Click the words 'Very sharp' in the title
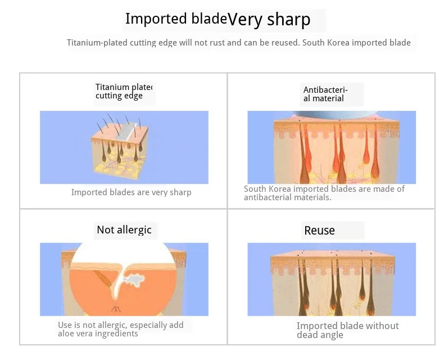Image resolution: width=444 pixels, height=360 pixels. click(x=269, y=20)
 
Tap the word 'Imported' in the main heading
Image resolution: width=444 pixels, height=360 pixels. click(x=156, y=19)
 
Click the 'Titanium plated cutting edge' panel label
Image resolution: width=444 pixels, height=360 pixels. click(x=124, y=91)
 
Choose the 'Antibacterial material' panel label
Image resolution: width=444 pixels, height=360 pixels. click(x=325, y=94)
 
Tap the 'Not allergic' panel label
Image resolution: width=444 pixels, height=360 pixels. click(x=124, y=230)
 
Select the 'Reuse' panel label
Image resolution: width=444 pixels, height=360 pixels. click(x=319, y=231)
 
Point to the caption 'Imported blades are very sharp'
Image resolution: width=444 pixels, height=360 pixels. click(x=132, y=192)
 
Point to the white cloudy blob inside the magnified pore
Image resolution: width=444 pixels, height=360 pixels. click(x=134, y=279)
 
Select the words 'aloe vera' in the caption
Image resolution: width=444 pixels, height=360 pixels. click(x=75, y=334)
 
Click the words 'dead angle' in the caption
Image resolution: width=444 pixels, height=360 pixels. click(x=320, y=335)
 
